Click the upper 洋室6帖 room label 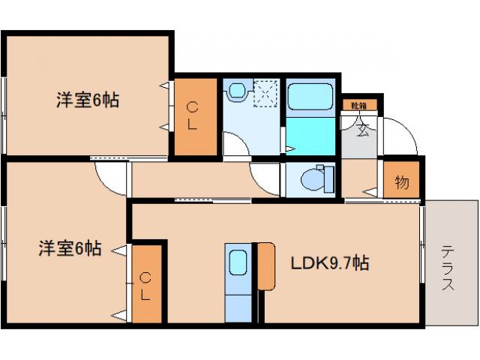coord(88,100)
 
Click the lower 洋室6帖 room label coord(70,247)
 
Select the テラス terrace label coord(448,268)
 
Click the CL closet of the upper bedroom coord(192,115)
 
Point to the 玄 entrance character coord(363,131)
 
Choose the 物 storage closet coord(401,182)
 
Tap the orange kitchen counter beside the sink coord(266,265)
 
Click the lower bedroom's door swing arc coord(109,180)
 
